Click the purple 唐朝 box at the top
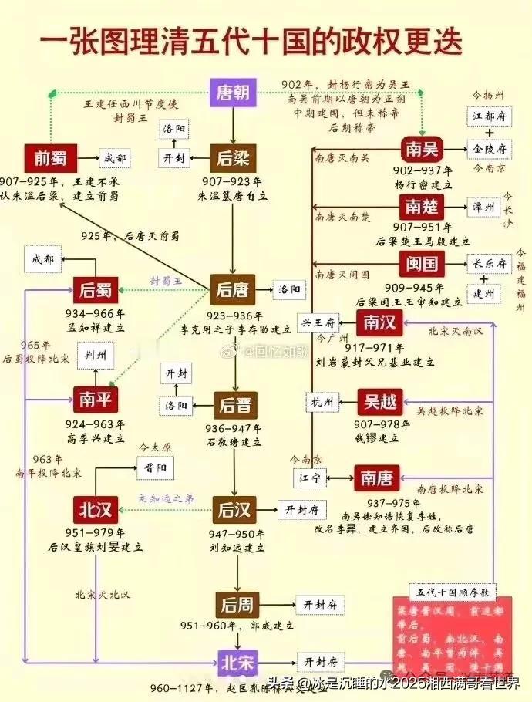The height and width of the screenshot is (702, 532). (x=232, y=94)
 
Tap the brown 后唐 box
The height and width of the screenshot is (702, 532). (x=232, y=290)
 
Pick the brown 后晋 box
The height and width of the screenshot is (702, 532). (x=235, y=405)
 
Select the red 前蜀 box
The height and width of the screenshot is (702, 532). (x=50, y=158)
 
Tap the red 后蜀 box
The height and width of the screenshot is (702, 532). (x=96, y=290)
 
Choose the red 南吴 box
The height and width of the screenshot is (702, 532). (x=420, y=148)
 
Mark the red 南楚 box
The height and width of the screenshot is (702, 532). (x=420, y=206)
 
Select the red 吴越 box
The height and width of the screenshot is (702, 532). (x=379, y=401)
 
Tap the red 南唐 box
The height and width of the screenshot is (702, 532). (x=375, y=478)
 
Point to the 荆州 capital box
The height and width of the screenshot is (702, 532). (x=96, y=356)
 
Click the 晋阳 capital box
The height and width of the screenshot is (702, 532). (x=154, y=467)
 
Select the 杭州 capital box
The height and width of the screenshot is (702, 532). (x=322, y=402)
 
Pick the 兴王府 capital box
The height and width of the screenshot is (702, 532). (x=318, y=323)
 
